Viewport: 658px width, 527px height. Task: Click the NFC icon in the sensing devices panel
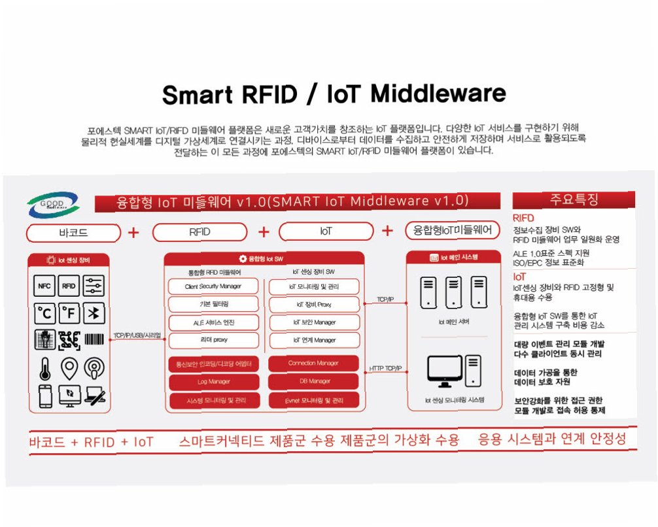[x=44, y=286]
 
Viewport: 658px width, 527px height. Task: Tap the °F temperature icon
[x=69, y=314]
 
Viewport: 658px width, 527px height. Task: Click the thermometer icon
[x=44, y=367]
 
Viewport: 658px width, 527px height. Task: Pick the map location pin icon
[x=69, y=367]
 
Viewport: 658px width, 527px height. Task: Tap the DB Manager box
[x=314, y=381]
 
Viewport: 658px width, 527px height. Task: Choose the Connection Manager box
[x=314, y=363]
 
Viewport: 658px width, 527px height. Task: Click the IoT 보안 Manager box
[x=314, y=322]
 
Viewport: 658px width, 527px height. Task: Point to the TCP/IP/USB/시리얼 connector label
[x=138, y=335]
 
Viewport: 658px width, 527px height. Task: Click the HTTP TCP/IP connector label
[x=385, y=369]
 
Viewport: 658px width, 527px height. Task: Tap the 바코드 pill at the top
[x=73, y=232]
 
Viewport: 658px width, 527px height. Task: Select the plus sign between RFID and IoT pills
[x=264, y=232]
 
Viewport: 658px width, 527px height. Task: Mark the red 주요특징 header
[x=574, y=199]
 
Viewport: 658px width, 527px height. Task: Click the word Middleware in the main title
[x=438, y=94]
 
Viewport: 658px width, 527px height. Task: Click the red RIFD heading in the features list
[x=523, y=218]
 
